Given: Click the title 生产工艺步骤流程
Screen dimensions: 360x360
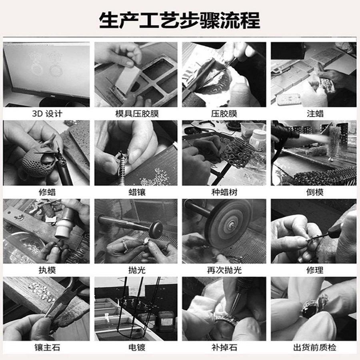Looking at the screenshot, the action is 180,20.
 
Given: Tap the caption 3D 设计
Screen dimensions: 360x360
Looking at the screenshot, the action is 47,114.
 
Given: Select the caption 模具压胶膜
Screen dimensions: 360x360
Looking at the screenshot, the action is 137,114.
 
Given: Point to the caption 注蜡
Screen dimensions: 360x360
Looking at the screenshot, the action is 315,114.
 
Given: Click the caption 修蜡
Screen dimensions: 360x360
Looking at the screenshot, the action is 47,192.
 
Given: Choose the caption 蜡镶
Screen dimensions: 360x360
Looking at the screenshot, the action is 137,192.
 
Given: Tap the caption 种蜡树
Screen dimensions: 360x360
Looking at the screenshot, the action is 224,192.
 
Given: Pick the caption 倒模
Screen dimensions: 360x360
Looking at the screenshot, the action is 315,192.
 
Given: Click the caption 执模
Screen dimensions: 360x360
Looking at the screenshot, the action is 47,270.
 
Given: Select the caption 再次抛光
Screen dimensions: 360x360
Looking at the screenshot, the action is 224,270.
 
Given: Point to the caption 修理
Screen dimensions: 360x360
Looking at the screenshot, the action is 315,270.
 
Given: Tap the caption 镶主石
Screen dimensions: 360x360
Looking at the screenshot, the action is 47,347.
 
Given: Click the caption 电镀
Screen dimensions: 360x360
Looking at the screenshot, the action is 137,347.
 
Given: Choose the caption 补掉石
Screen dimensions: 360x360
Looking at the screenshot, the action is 224,347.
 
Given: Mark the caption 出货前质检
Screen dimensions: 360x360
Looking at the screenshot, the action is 315,347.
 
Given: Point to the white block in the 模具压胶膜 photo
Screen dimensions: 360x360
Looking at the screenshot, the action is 128,79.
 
